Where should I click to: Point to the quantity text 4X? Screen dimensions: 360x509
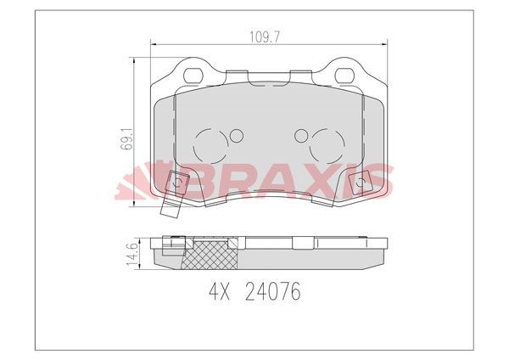click(x=220, y=293)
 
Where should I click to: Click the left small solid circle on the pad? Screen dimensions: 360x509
click(x=236, y=136)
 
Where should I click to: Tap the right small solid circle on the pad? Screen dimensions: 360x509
click(x=299, y=136)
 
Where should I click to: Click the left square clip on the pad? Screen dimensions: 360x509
click(x=177, y=183)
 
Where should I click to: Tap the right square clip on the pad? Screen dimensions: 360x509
click(x=359, y=183)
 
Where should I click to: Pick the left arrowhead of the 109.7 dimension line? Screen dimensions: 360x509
click(x=154, y=45)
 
